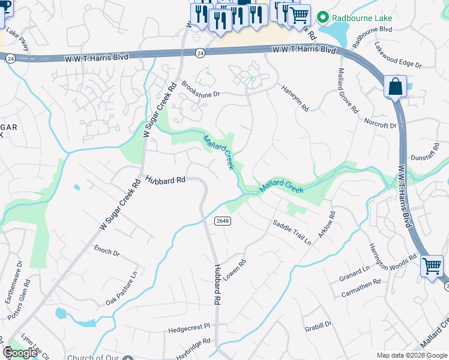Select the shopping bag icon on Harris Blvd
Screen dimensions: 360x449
[x=396, y=86]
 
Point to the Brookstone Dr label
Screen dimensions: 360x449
[x=201, y=90]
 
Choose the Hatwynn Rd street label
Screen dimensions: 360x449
[x=295, y=98]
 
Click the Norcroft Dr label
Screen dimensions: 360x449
[x=381, y=123]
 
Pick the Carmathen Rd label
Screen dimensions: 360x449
[x=361, y=286]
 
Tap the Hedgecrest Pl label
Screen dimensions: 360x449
[x=189, y=328]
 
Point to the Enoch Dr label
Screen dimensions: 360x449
[x=107, y=251]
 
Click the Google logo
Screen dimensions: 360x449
[x=20, y=353]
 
